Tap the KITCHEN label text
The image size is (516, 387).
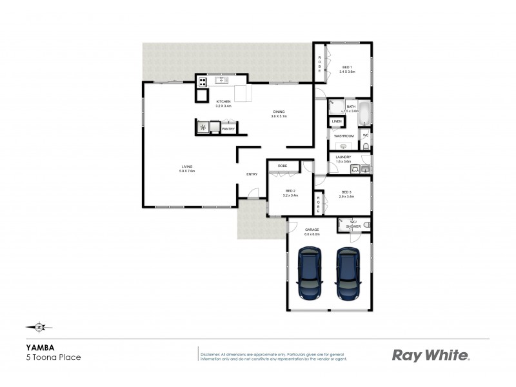[223, 102]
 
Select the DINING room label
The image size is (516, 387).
[278, 112]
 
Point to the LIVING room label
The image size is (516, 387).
[187, 168]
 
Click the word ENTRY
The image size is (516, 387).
[252, 174]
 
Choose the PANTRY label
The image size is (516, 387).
[228, 129]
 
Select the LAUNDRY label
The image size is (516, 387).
[343, 157]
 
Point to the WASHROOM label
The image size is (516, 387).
[343, 136]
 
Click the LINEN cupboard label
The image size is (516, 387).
[337, 121]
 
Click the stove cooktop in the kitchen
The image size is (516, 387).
[202, 82]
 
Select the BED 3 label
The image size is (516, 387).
[346, 192]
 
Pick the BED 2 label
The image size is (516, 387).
[290, 192]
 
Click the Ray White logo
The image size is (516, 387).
[431, 355]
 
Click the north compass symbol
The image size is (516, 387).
[39, 326]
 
